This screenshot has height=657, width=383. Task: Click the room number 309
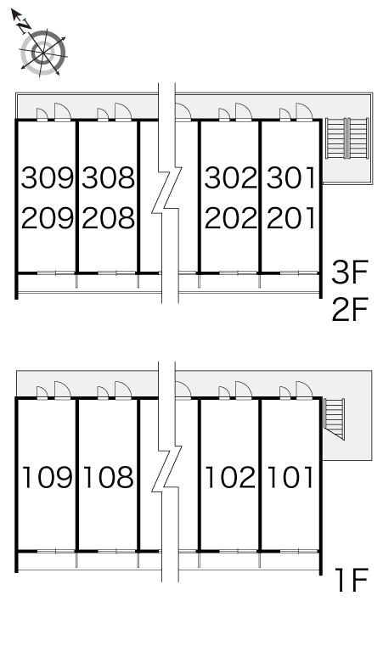coord(48,177)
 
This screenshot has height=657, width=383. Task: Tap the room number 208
coord(109,218)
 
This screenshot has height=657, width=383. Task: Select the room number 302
coord(230,177)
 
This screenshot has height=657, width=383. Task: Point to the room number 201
coord(290,218)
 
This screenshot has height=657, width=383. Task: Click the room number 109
coord(48,478)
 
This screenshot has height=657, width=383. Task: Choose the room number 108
coord(109,478)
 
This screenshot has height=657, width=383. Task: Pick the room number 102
coord(230,478)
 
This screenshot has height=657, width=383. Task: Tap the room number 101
coord(290,478)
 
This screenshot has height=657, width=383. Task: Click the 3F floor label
coord(350,272)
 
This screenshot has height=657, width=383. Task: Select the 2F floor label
coord(350,309)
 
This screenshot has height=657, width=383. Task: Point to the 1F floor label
coord(352,580)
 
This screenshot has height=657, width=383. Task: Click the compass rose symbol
coord(43,53)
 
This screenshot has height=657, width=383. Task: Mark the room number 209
coord(48,218)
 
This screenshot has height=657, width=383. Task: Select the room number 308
coord(109,177)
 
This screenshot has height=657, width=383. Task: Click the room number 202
coord(230,218)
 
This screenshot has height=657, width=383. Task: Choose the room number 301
coord(290,177)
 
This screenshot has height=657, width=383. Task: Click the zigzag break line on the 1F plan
coord(166,469)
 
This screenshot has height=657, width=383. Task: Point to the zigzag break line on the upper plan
coord(166,191)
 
